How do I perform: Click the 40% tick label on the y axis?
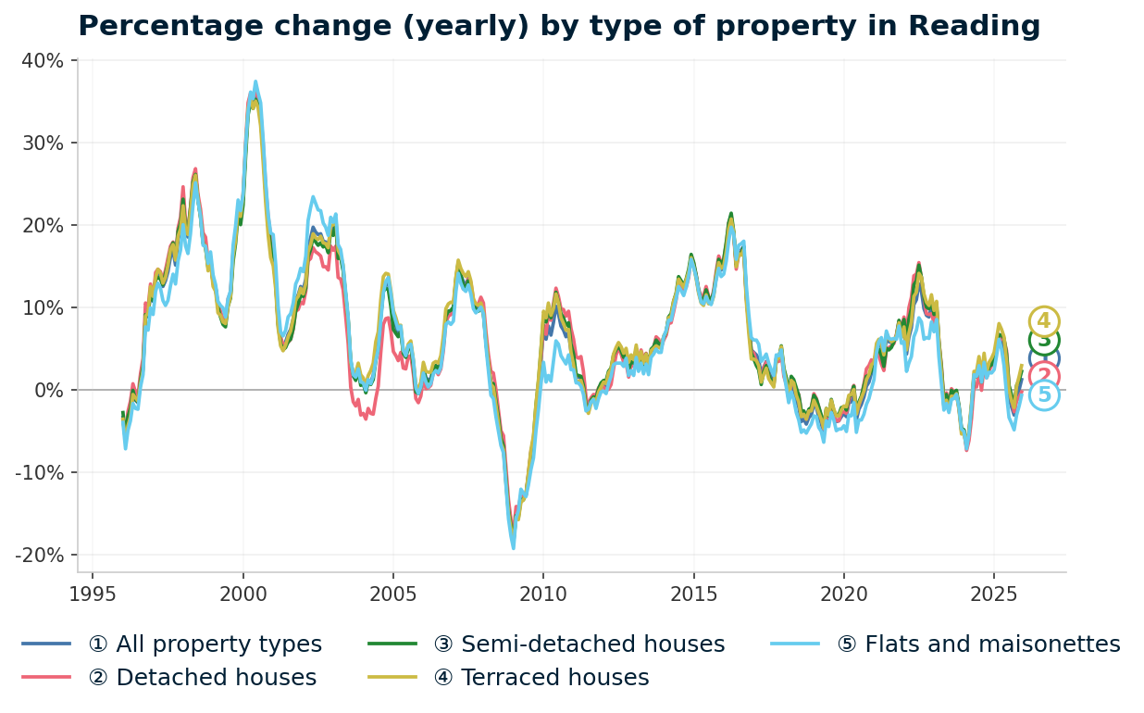pos(43,61)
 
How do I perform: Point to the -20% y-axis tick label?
pos(39,556)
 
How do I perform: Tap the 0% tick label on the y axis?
pos(48,391)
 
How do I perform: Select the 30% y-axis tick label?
pos(43,144)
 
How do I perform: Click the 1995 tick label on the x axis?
pos(93,594)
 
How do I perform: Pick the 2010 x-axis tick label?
pos(543,594)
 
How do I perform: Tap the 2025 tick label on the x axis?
pos(993,594)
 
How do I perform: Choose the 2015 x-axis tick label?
pos(693,594)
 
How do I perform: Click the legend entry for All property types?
pos(205,644)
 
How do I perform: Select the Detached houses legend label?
pos(202,678)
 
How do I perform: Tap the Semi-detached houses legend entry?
pos(578,644)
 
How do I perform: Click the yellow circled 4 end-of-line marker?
pos(1044,321)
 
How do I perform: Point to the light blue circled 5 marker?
pos(1044,395)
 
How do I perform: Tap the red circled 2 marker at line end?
pos(1044,376)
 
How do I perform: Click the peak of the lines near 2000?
pos(255,82)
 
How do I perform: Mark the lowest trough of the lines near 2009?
pos(513,547)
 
